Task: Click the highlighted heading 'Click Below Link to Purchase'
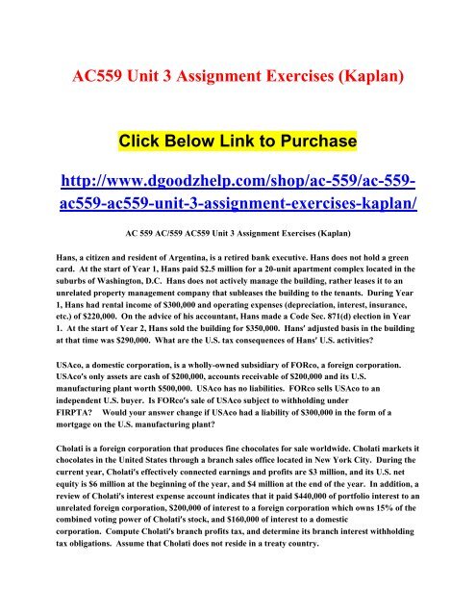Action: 238,143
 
